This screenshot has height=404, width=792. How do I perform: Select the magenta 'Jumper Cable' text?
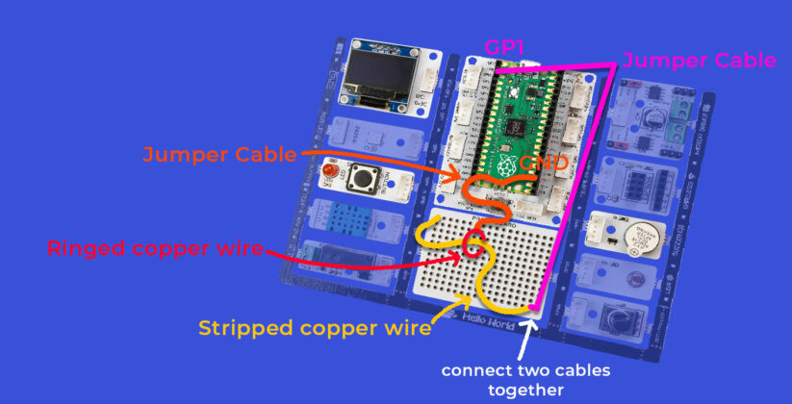[699, 61]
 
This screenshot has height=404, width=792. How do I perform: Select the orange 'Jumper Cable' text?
[220, 153]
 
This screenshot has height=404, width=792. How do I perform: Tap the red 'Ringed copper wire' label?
[155, 248]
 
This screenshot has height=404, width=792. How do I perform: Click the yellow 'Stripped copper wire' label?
[314, 327]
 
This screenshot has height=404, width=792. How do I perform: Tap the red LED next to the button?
[330, 173]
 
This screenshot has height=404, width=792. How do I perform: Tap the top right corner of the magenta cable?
[612, 64]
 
